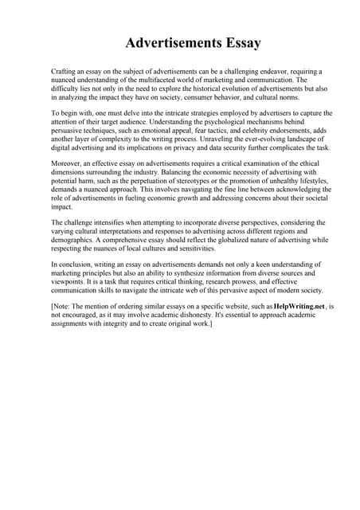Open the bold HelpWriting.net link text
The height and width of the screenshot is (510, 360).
click(299, 305)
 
